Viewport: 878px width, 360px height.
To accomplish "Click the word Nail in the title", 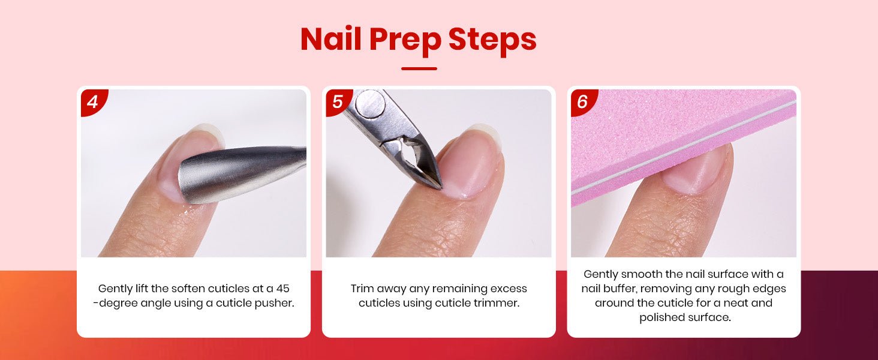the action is point(330,39).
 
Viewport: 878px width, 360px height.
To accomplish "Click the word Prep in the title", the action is point(404,41).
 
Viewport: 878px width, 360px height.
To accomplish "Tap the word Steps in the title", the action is point(492,41).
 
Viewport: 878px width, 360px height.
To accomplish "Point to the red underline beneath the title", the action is point(419,68).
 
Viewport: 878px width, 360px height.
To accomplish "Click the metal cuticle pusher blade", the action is point(235,175).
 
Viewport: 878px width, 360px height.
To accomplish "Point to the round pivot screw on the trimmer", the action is point(370,103).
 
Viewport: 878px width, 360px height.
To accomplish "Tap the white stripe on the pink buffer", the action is point(684,146).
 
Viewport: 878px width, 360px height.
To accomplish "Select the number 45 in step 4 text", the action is point(282,289).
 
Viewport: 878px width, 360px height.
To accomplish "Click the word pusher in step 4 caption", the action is point(275,304).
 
